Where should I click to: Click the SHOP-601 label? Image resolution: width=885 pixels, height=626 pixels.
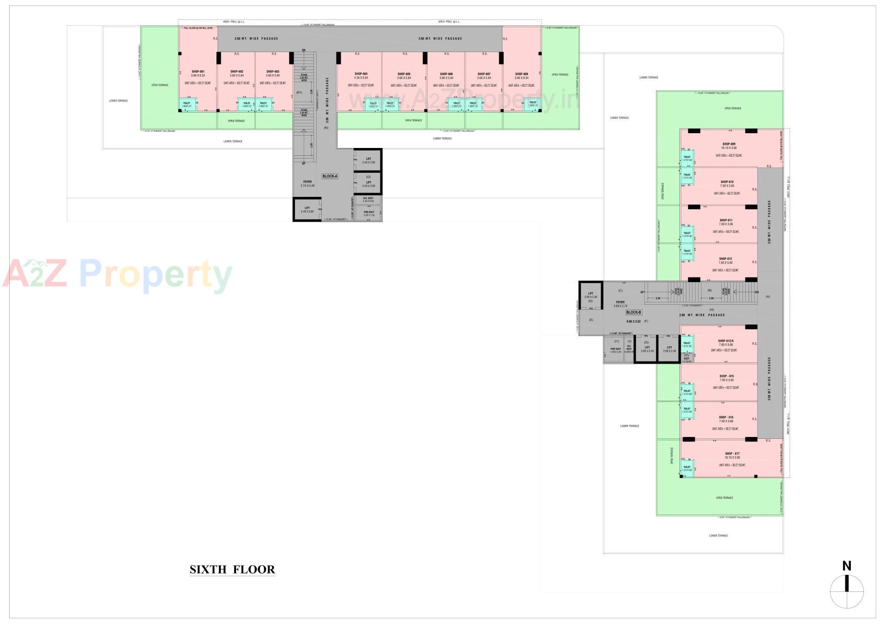198,71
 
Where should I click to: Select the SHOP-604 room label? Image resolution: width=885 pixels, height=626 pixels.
361,74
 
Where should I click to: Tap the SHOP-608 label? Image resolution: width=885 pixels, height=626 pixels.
522,74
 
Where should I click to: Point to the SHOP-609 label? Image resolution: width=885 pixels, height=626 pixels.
729,144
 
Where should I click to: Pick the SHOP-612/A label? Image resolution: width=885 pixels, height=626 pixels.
726,341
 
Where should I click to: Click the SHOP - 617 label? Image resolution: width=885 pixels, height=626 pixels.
732,454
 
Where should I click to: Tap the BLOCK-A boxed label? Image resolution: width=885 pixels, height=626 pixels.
330,176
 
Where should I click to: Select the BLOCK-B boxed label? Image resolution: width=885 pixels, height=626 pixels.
633,312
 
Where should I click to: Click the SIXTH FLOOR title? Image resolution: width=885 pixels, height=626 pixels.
232,569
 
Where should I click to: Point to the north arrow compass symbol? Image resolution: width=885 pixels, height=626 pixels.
847,591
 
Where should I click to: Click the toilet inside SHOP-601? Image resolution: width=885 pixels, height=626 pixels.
187,105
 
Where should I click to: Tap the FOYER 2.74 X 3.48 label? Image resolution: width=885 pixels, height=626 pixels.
307,183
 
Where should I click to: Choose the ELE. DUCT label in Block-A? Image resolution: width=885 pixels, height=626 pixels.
368,199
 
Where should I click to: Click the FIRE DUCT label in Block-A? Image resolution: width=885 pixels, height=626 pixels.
369,213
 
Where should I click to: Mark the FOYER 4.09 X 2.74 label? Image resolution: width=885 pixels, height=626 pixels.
620,304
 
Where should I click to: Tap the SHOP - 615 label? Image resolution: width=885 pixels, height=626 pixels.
726,376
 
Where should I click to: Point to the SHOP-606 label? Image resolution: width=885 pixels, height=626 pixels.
446,74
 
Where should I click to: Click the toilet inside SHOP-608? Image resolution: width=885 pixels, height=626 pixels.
533,104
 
